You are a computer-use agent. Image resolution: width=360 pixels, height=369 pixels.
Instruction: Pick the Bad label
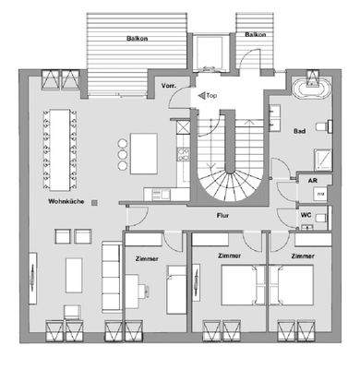click(300, 132)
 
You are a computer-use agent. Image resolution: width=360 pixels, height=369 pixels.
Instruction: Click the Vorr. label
click(169, 86)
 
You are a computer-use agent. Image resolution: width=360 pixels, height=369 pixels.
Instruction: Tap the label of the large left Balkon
click(138, 39)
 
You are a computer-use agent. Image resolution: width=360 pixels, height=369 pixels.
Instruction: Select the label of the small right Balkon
click(255, 34)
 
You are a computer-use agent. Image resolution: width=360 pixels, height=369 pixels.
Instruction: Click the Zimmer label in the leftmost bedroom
click(146, 259)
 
